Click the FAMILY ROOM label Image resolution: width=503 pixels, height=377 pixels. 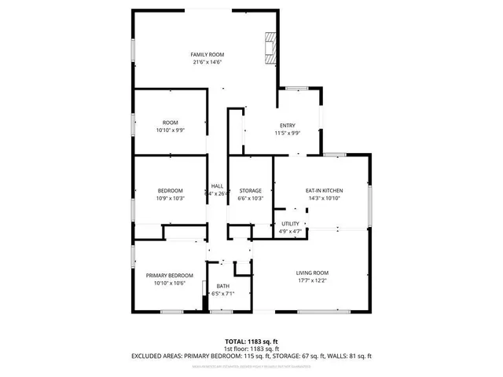[x=203, y=53]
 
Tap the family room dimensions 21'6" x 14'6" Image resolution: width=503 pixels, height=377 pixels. [x=203, y=61]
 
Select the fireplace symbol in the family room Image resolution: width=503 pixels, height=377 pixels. [x=271, y=46]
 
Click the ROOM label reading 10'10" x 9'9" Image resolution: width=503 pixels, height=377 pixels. [x=171, y=123]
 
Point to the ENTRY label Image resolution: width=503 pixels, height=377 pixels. [x=288, y=126]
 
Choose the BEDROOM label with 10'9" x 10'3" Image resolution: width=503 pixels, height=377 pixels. [x=171, y=191]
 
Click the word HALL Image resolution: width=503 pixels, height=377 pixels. [x=217, y=186]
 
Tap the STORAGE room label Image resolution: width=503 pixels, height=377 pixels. [x=250, y=191]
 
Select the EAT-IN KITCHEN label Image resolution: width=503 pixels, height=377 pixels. [x=324, y=190]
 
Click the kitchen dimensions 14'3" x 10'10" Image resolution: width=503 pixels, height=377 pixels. [x=324, y=198]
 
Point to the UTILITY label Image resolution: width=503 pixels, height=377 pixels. [x=290, y=225]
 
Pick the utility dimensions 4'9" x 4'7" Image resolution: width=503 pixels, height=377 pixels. [x=290, y=232]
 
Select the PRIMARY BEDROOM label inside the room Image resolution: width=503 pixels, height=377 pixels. [x=170, y=275]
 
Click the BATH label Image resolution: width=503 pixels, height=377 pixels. [x=223, y=286]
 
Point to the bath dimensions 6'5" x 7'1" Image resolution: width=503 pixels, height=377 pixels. [x=223, y=294]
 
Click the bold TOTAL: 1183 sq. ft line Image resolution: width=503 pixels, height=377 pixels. [x=251, y=342]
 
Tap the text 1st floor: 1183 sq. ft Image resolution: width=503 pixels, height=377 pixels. [x=251, y=349]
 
